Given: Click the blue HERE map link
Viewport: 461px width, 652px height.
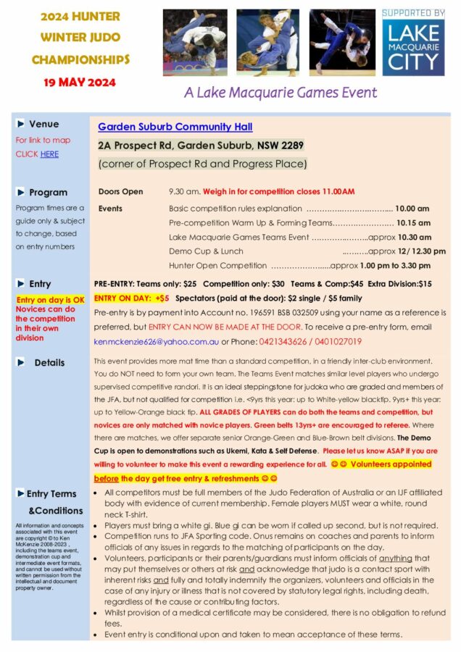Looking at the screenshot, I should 49,154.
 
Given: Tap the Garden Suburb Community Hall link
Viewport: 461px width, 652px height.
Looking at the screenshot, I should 175,127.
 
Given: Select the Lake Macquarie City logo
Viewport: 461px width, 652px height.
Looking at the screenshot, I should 412,49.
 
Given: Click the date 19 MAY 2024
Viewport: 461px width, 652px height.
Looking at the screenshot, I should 74,83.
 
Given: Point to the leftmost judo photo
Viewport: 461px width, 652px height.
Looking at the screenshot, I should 195,43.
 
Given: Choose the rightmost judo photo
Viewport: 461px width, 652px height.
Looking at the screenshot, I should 343,43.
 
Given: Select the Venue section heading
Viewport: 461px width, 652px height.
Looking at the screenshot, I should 43,125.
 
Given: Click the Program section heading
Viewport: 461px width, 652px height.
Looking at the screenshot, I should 48,193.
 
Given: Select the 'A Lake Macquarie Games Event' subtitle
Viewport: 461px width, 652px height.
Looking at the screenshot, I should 280,93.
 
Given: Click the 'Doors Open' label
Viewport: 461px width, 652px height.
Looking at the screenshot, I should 121,192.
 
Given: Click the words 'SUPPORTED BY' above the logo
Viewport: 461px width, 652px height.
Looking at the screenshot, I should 412,13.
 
